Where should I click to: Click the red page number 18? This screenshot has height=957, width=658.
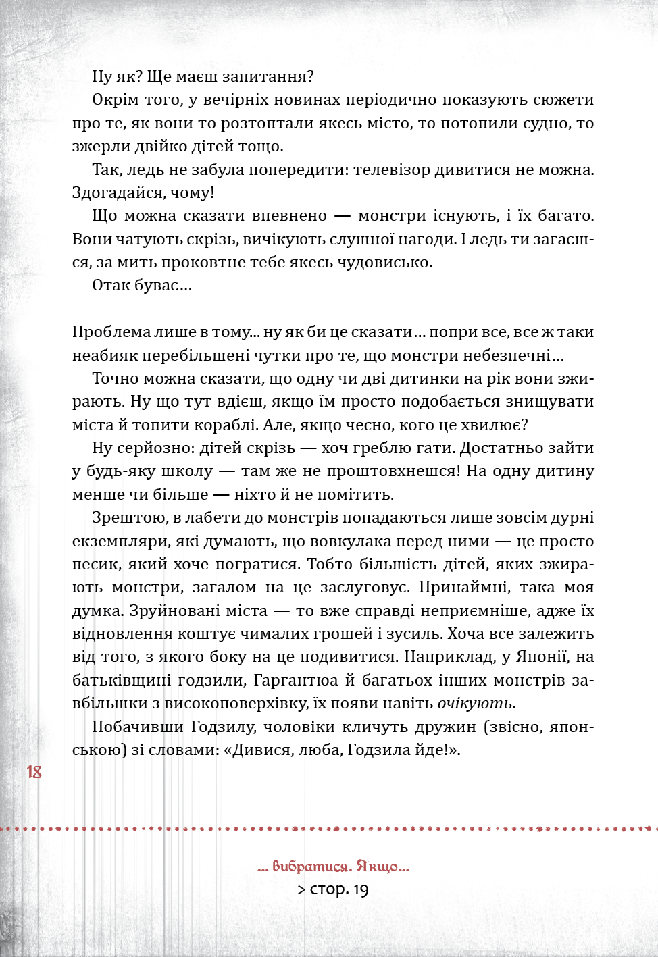point(34,772)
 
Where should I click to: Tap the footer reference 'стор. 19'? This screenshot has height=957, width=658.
point(338,889)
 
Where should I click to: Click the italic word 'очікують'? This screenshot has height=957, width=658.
point(475,704)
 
